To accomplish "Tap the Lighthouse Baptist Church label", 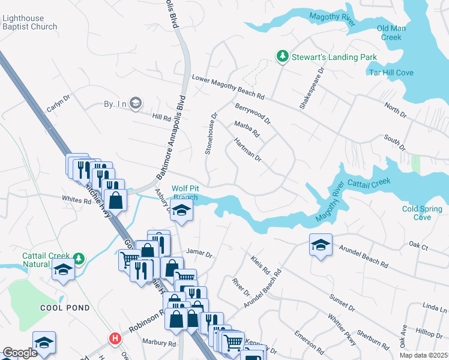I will point(29,22).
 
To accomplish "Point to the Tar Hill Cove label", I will point(391,73).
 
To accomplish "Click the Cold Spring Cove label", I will point(422,213).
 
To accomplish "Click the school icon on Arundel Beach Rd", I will point(321,244).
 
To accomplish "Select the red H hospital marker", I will point(114,339).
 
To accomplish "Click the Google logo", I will point(20,353).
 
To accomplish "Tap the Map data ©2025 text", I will point(423,355).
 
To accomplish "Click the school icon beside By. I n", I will point(136,103).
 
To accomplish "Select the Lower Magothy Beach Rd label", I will point(228,87).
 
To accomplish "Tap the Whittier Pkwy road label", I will point(342,329).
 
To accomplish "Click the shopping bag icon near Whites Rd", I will point(117,200).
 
